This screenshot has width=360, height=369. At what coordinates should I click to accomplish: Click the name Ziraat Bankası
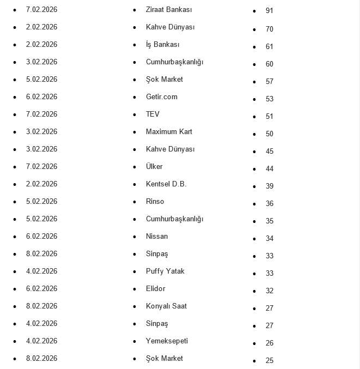pos(169,10)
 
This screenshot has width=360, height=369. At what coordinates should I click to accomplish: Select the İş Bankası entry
pos(162,45)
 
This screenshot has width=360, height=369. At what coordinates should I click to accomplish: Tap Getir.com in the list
pos(162,97)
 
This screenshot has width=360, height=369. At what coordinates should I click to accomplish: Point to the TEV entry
pos(152,114)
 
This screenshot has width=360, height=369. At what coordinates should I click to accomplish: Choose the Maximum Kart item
pos(169,132)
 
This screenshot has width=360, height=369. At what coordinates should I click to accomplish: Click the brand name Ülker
pos(154,167)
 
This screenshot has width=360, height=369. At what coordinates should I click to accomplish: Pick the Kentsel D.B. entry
pos(166,184)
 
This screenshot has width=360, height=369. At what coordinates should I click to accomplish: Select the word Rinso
pos(155,202)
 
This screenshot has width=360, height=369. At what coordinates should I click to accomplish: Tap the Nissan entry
pos(157,237)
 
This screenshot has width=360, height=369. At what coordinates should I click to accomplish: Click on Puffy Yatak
pos(165,271)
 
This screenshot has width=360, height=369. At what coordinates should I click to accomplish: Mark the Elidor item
pos(155,289)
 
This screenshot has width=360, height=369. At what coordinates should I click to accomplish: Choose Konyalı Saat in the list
pos(166,306)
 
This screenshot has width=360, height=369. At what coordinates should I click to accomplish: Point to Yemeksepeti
pos(167,341)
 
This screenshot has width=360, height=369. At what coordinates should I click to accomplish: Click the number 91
pos(270,11)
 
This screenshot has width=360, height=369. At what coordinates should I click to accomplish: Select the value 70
pos(270,29)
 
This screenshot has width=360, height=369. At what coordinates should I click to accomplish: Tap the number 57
pos(270,82)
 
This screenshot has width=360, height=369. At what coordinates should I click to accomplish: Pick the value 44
pos(270,169)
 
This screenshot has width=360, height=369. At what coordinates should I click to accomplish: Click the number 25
pos(270,361)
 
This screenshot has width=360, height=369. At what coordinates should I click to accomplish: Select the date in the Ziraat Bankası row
pos(41,10)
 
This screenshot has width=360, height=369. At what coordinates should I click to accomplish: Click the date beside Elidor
pos(41,289)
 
